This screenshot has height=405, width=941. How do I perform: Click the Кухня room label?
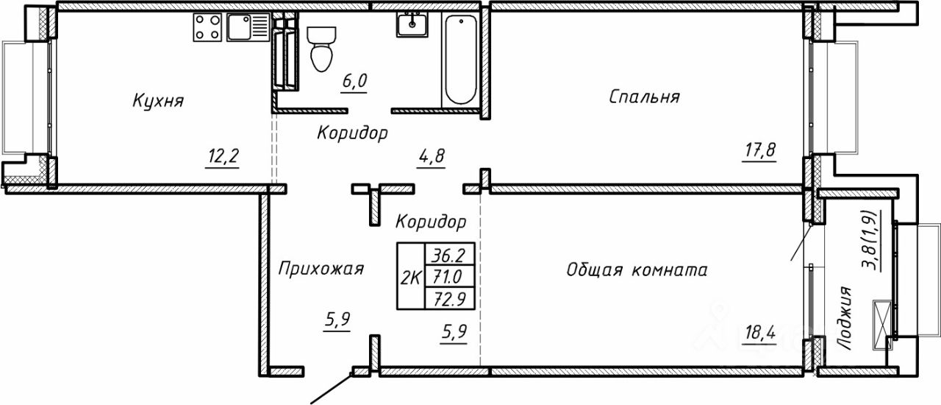pyautogui.click(x=158, y=100)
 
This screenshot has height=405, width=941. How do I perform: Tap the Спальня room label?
pyautogui.click(x=644, y=96)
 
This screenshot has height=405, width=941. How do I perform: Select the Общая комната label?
pyautogui.click(x=637, y=270)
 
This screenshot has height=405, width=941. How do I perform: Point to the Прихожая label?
pyautogui.click(x=321, y=269)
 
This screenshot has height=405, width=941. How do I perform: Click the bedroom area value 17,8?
pyautogui.click(x=759, y=151)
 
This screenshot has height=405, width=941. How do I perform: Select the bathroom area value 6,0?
pyautogui.click(x=353, y=80)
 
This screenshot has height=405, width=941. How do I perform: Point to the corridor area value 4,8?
pyautogui.click(x=432, y=155)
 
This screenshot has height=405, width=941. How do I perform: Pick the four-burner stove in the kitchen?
pyautogui.click(x=208, y=27)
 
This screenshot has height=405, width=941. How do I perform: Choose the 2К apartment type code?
pyautogui.click(x=411, y=277)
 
